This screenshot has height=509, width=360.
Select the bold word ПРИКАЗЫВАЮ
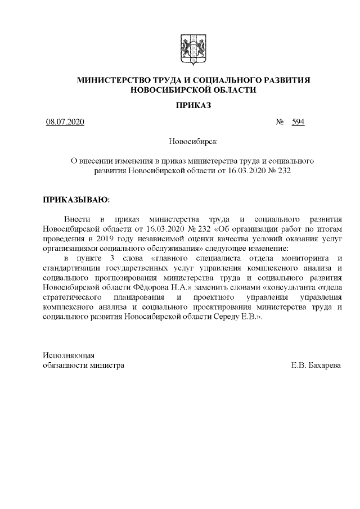coord(76,199)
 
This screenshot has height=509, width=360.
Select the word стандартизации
coord(71,268)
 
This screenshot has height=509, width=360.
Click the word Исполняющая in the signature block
coord(69,355)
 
